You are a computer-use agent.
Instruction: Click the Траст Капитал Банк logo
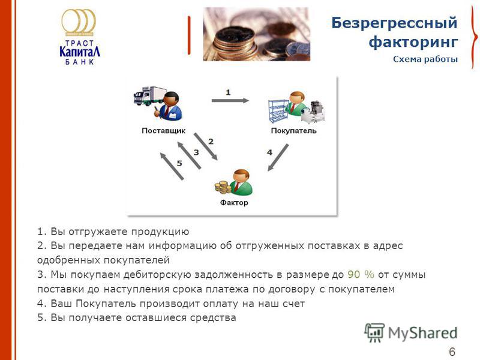pyautogui.click(x=79, y=37)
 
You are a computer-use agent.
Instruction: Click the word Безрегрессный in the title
pyautogui.click(x=394, y=23)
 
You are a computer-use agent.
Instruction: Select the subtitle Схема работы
pyautogui.click(x=425, y=59)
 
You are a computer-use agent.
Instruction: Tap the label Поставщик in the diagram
pyautogui.click(x=163, y=131)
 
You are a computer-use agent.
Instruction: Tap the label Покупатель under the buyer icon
pyautogui.click(x=293, y=131)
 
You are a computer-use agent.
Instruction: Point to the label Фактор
pyautogui.click(x=234, y=202)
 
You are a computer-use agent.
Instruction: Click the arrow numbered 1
pyautogui.click(x=230, y=100)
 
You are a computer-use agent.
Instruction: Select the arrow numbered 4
pyautogui.click(x=278, y=158)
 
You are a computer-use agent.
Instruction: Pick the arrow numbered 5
pyautogui.click(x=172, y=166)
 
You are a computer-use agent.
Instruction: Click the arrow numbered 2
pyautogui.click(x=206, y=146)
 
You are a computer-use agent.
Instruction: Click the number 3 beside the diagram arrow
pyautogui.click(x=196, y=152)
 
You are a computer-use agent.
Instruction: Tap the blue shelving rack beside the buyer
pyautogui.click(x=278, y=111)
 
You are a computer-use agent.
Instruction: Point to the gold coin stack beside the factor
pyautogui.click(x=223, y=187)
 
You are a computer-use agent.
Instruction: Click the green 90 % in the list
pyautogui.click(x=361, y=274)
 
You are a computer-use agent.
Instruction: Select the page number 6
pyautogui.click(x=452, y=352)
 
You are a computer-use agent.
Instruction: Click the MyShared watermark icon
pyautogui.click(x=374, y=332)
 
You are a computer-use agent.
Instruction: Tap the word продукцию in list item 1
pyautogui.click(x=160, y=232)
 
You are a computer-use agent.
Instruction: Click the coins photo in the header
pyautogui.click(x=257, y=34)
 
